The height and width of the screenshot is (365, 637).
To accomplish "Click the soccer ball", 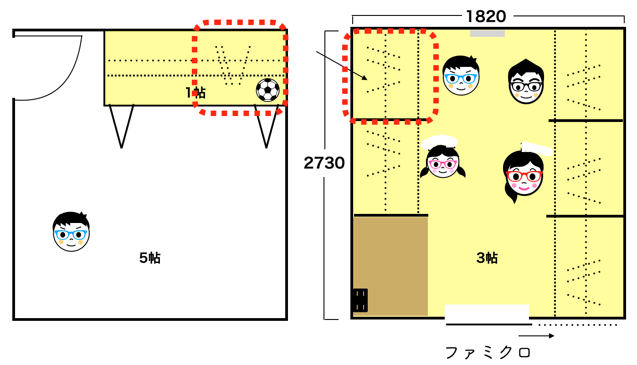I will point(267,90).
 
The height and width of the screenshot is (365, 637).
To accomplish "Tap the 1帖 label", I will point(195,93).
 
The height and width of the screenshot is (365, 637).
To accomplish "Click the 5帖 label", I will point(150,258).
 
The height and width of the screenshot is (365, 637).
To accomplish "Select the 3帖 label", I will point(487,258).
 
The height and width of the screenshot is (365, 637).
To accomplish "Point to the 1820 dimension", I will point(486,17).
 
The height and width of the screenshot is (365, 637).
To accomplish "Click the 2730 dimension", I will point(324,163).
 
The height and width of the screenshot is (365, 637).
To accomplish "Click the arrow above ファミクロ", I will point(536,336).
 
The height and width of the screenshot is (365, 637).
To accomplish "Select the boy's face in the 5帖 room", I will point(71,232).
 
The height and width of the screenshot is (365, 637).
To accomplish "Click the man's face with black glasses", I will point(526,82).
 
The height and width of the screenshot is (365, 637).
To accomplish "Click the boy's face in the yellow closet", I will point(461,76).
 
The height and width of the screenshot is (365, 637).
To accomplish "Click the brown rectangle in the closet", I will point(390,266).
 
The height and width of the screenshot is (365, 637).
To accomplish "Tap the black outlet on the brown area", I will point(360,300).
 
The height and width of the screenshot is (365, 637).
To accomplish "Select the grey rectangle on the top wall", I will point(487,33).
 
